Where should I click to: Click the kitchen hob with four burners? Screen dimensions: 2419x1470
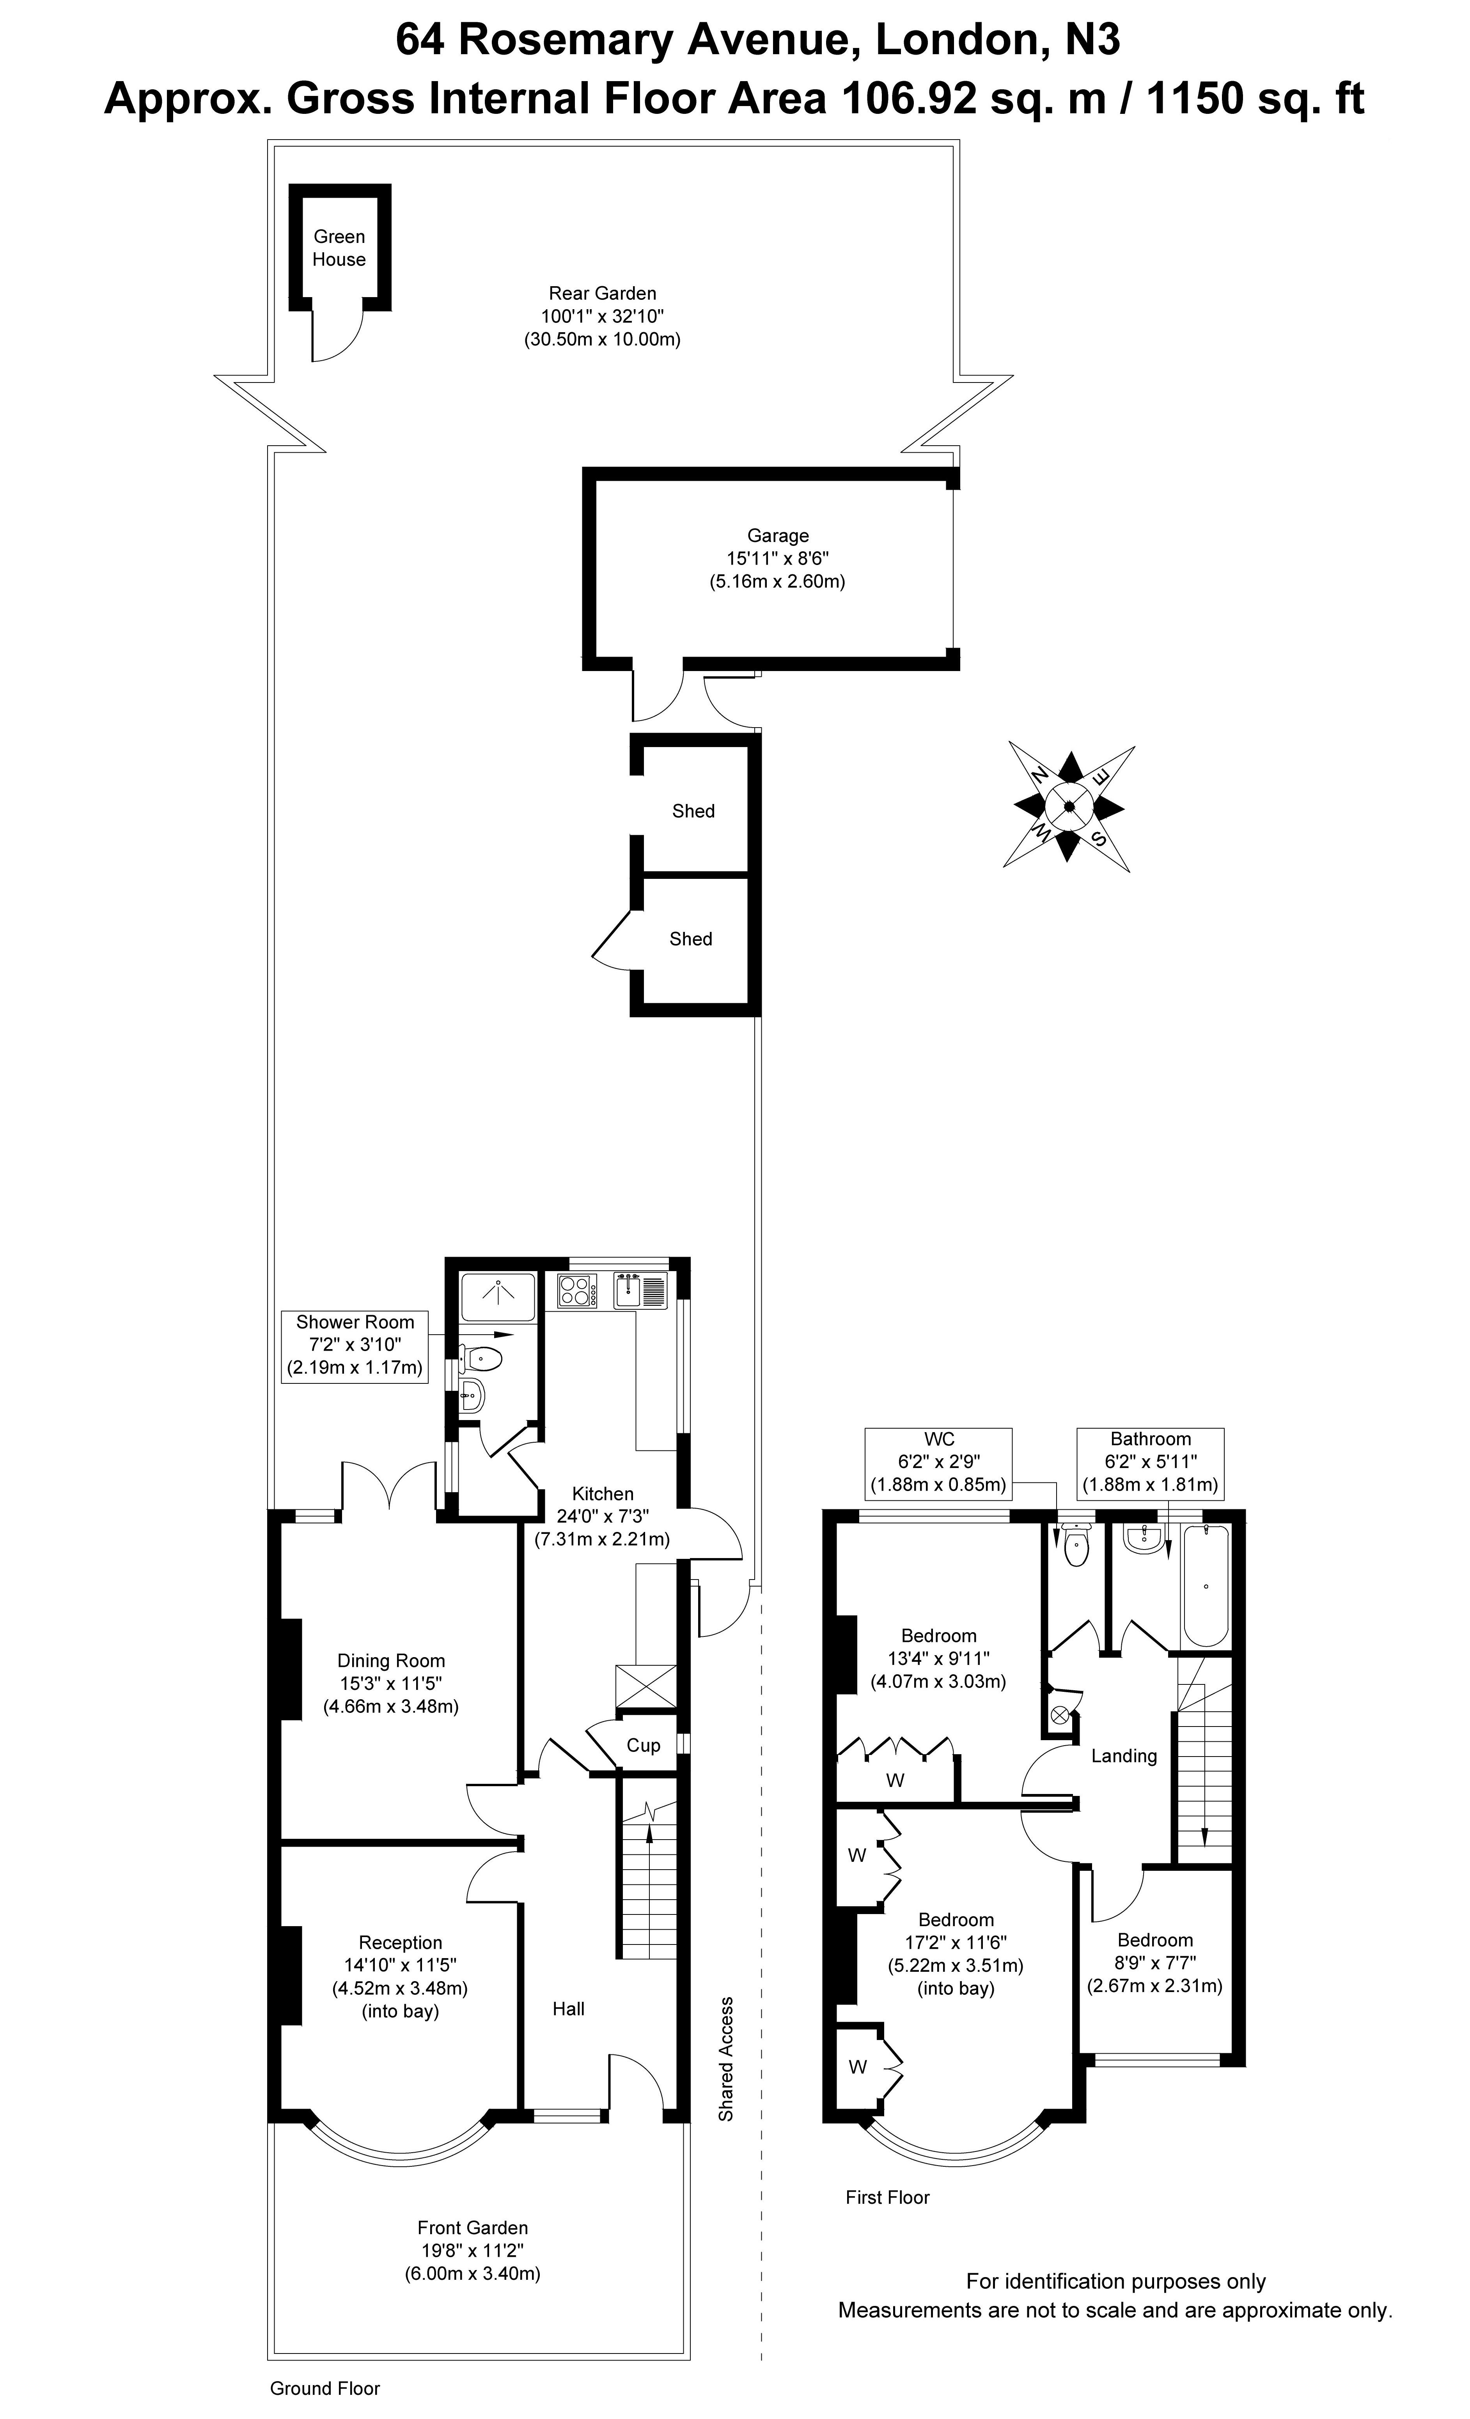(576, 1290)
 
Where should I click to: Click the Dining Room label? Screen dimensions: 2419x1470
(391, 1660)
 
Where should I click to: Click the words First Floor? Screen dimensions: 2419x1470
(887, 2197)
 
